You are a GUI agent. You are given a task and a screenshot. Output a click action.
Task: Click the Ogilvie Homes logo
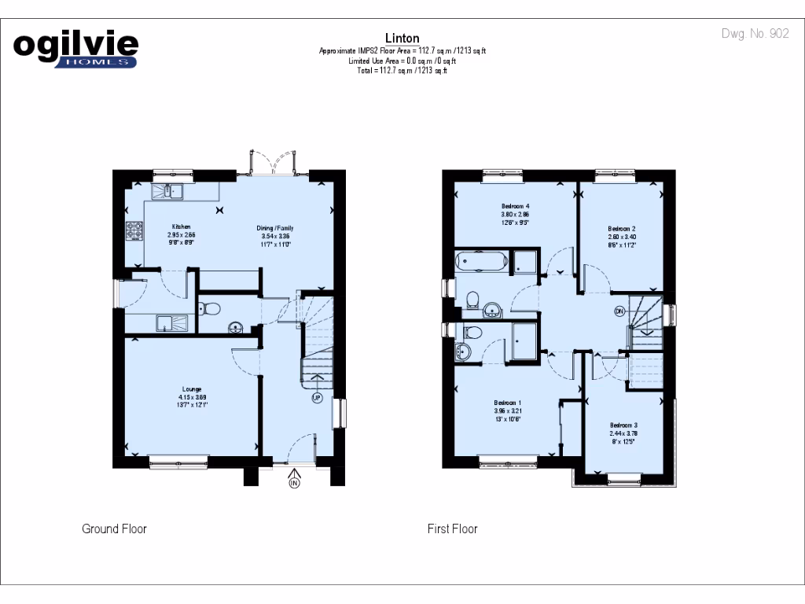click(75, 49)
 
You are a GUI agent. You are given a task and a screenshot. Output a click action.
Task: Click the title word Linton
click(402, 38)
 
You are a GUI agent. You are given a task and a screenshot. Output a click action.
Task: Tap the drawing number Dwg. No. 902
click(755, 34)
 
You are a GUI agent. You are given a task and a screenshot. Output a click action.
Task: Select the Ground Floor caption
click(114, 528)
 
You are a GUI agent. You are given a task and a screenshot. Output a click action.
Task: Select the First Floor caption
click(452, 528)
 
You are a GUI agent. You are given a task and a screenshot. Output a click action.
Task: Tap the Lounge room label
click(192, 389)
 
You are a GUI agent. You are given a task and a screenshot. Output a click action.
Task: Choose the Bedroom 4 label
click(515, 206)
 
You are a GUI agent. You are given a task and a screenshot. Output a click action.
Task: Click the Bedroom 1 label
click(508, 402)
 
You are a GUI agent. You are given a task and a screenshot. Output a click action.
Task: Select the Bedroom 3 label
click(623, 425)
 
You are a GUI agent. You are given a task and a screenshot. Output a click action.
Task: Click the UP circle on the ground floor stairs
click(317, 398)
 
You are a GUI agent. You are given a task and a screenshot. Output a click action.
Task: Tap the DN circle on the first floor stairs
click(619, 310)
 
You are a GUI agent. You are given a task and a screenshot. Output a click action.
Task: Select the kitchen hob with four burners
click(134, 231)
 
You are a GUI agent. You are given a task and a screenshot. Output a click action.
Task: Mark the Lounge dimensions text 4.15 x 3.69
click(192, 397)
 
